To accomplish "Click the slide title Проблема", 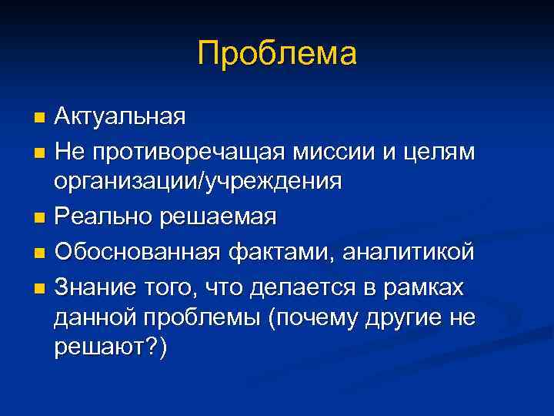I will pos(277,55).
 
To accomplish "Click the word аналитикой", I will pos(408,251).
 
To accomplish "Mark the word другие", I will pos(401,318).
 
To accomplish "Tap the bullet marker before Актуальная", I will pos(40,118).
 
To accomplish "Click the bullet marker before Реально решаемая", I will pos(40,218).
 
